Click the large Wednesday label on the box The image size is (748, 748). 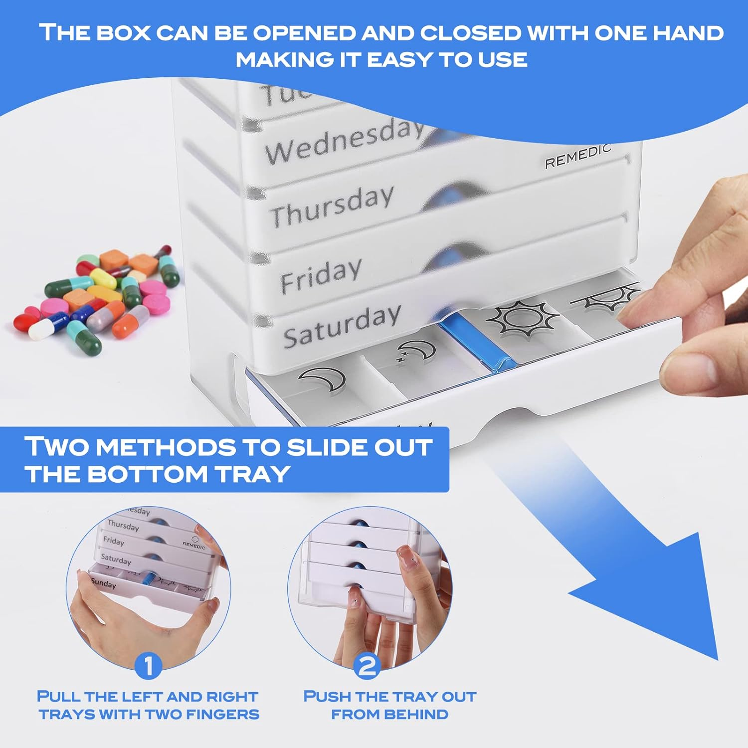click(x=344, y=141)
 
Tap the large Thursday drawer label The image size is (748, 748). click(x=332, y=206)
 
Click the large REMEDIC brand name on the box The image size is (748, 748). click(x=577, y=157)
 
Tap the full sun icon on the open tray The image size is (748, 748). click(x=522, y=318)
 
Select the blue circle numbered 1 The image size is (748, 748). click(x=148, y=666)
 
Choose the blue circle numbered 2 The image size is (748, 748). click(x=368, y=666)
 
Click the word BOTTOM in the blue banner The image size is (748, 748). click(x=147, y=473)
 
